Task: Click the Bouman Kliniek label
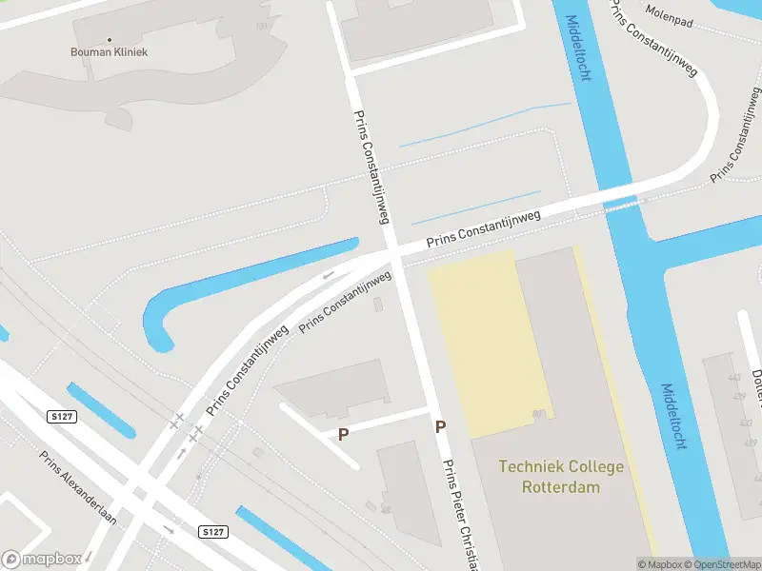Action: tap(110, 51)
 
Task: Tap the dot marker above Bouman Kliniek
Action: tap(110, 40)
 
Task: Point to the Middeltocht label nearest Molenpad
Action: tap(578, 48)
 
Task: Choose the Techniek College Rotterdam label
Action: tap(561, 477)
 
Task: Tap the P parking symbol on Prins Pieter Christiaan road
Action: tap(440, 427)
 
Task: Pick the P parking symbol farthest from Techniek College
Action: tap(344, 433)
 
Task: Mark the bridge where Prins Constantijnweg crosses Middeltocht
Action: tap(622, 202)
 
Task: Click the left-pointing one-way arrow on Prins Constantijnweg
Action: tap(329, 277)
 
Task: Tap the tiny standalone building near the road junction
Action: tap(379, 305)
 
